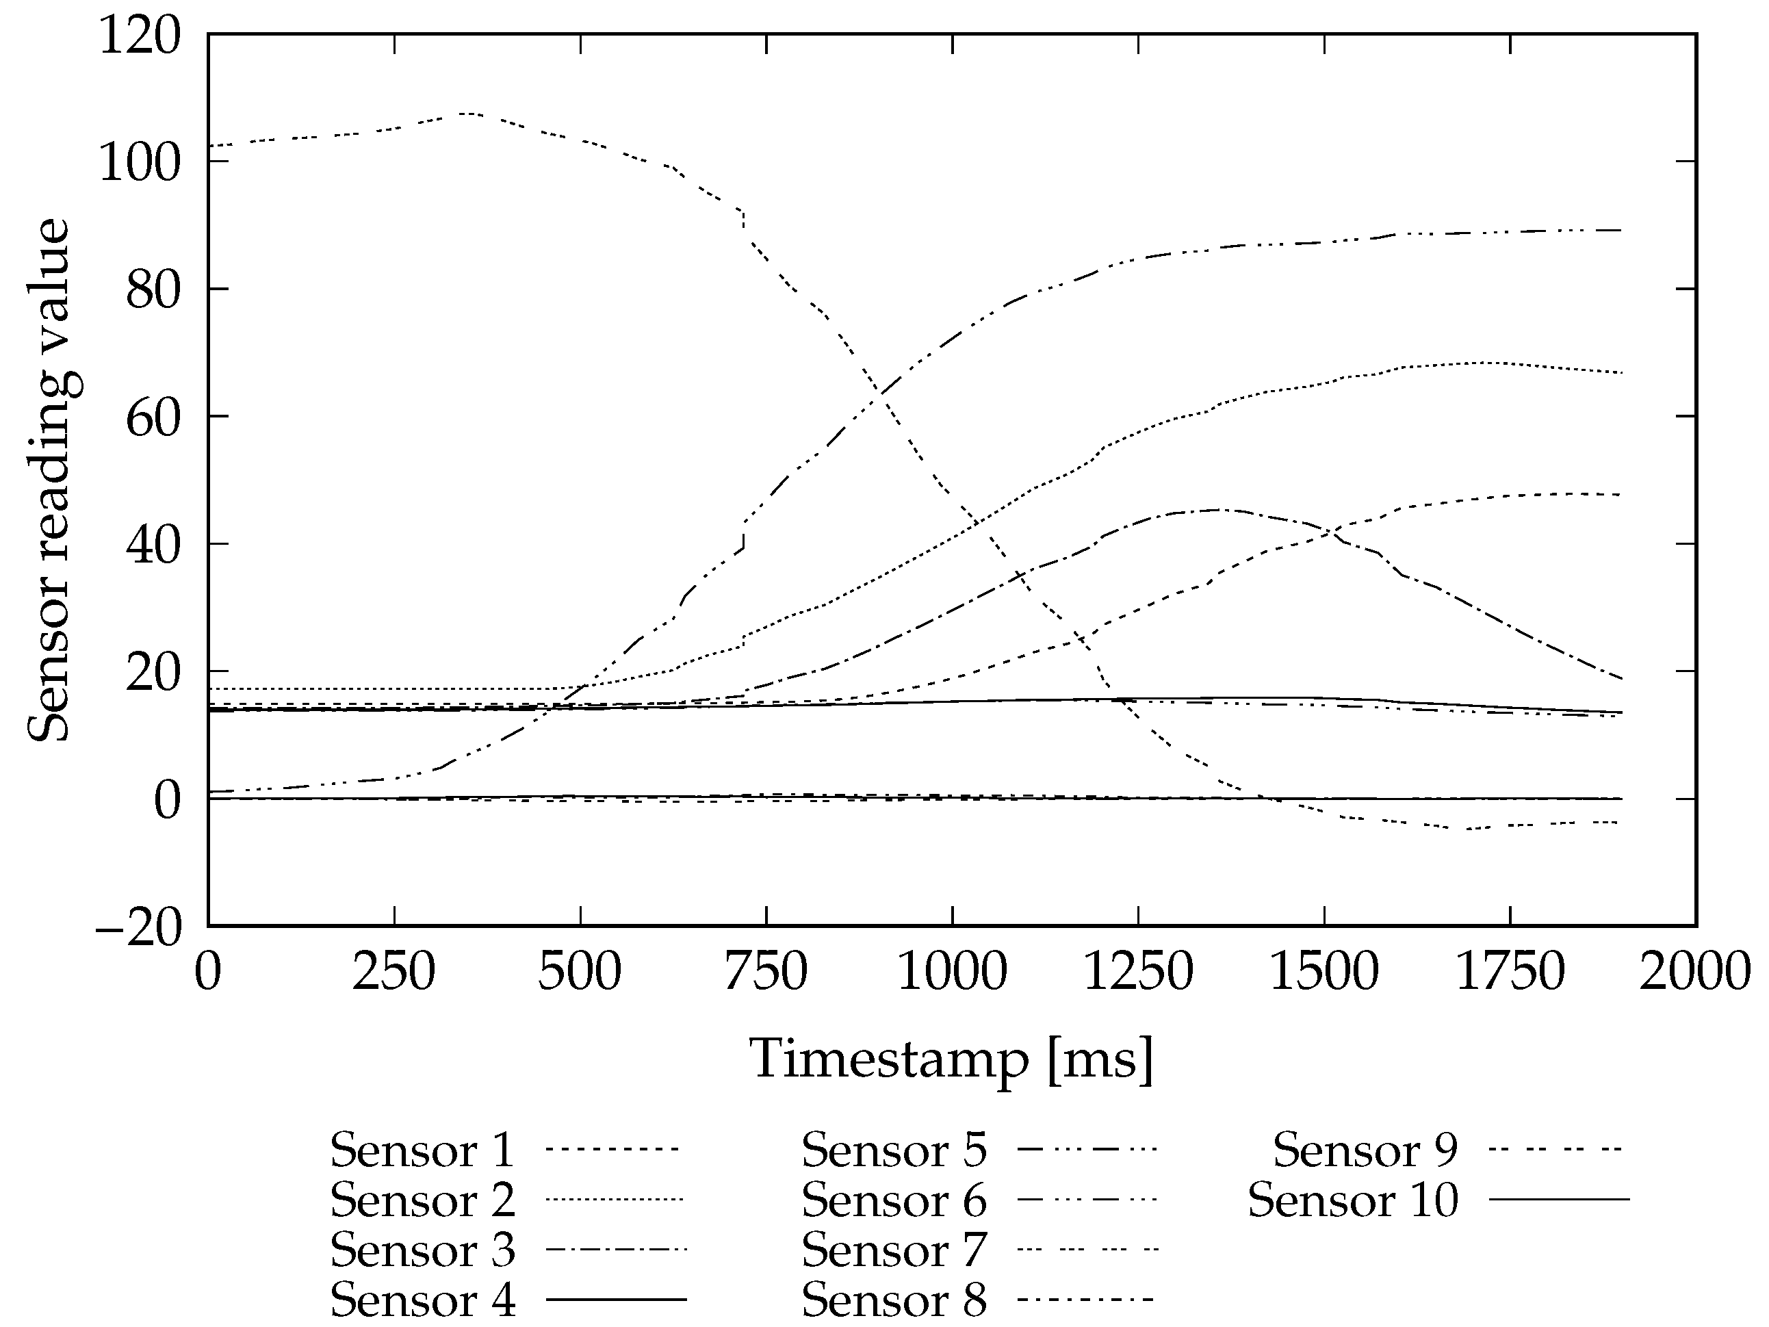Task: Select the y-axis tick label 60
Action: [x=153, y=418]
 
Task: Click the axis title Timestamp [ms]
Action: [x=952, y=1060]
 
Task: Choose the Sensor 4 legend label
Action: [x=422, y=1300]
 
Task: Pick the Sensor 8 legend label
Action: [x=894, y=1300]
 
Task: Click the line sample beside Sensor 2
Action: [x=615, y=1200]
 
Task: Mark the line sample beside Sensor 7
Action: [x=1087, y=1250]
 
